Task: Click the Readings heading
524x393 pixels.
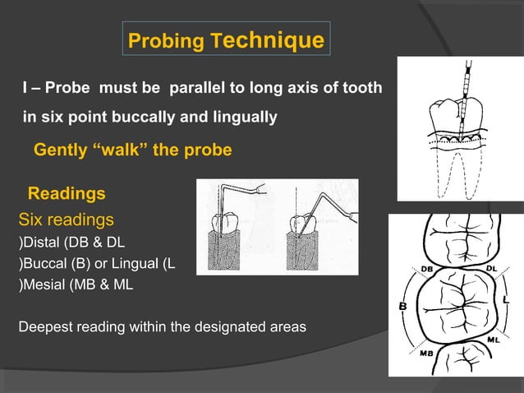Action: pyautogui.click(x=67, y=194)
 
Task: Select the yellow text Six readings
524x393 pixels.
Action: pyautogui.click(x=66, y=220)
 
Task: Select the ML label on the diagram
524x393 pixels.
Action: pyautogui.click(x=492, y=339)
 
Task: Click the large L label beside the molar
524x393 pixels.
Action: pyautogui.click(x=505, y=301)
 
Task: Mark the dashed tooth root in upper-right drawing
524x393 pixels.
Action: pyautogui.click(x=460, y=177)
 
